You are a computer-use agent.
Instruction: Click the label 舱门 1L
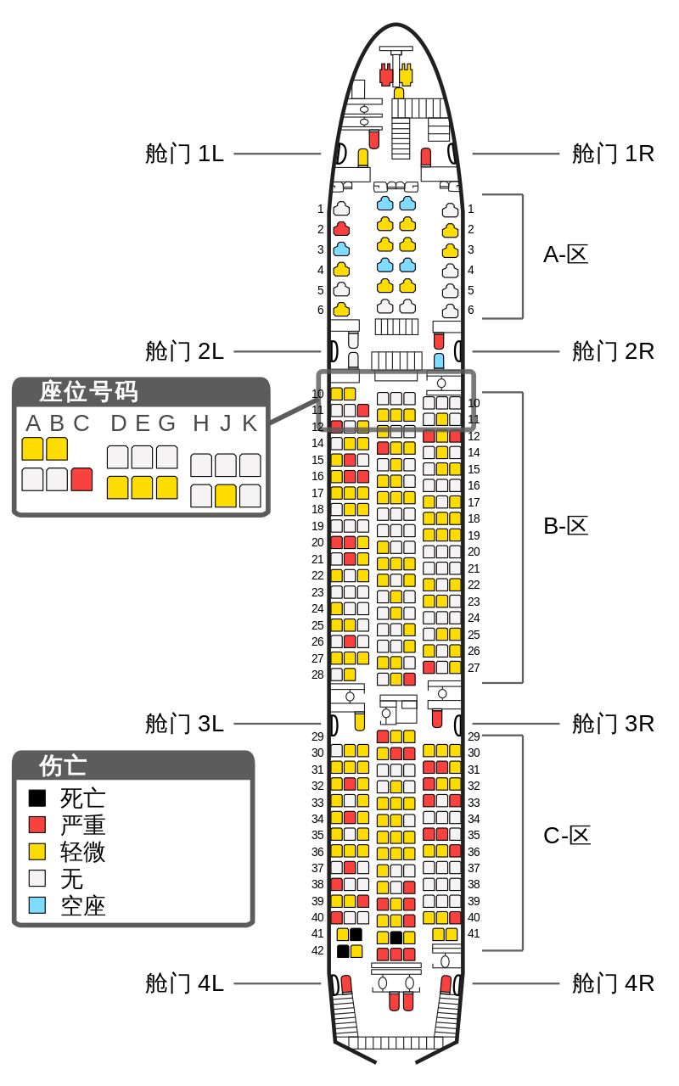click(184, 154)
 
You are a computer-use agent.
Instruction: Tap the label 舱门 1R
click(612, 154)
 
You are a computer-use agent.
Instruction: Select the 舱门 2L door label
click(184, 350)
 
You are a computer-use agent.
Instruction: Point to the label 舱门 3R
click(612, 724)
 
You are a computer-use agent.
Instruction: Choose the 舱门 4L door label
click(184, 983)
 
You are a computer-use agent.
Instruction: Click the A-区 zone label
click(565, 255)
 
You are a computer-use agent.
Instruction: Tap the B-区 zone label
click(565, 526)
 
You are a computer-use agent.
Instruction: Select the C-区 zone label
click(565, 836)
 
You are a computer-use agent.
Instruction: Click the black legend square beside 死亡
click(37, 798)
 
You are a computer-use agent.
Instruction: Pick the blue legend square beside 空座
click(37, 905)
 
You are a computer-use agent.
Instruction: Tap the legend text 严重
click(83, 825)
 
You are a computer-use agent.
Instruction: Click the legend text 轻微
click(83, 852)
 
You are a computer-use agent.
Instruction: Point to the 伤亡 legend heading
click(63, 765)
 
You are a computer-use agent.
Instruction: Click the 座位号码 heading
click(88, 392)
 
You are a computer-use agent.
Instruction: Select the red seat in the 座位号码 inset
click(81, 479)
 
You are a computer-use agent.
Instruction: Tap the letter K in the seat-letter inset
click(250, 423)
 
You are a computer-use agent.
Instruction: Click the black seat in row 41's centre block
click(396, 938)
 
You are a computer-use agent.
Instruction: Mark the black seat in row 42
click(343, 951)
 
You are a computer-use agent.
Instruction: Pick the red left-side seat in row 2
click(341, 229)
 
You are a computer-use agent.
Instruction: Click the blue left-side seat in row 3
click(341, 249)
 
